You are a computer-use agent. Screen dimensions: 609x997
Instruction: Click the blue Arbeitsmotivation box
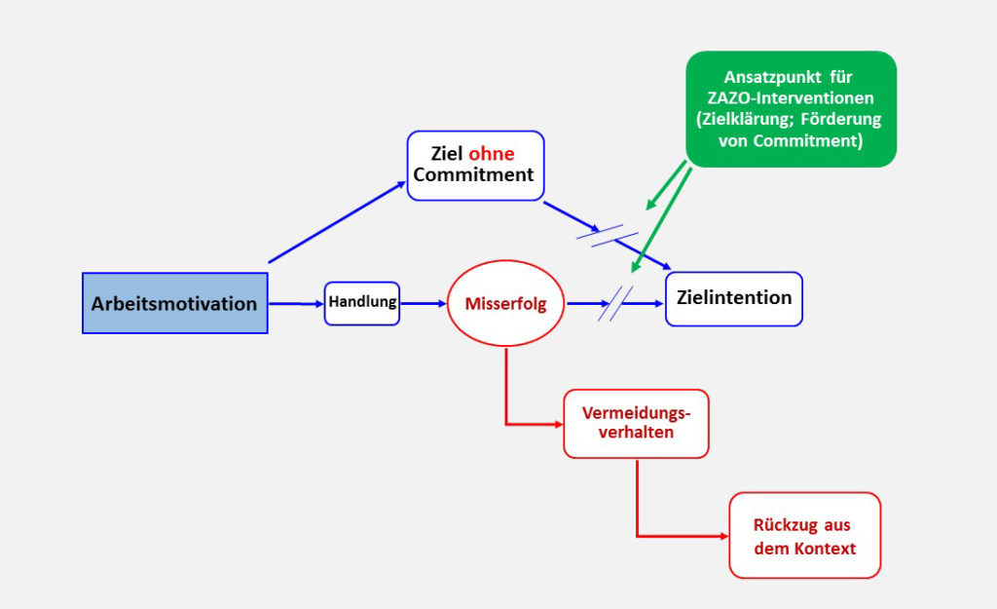pos(174,303)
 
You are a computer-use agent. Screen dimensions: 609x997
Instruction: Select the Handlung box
pos(362,302)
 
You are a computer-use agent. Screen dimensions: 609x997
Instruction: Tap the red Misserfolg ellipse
pos(505,303)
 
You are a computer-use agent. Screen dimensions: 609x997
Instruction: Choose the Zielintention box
pos(733,298)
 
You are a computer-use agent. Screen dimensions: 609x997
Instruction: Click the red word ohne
pos(492,154)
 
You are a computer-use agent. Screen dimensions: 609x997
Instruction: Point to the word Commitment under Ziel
pos(473,175)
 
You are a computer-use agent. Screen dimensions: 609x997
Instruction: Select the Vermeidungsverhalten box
pos(636,423)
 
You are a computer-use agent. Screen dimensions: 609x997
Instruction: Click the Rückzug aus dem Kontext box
pos(804,536)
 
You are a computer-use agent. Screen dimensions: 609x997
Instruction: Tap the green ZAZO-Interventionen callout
pos(791,108)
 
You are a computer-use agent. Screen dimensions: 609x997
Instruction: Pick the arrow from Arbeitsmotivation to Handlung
pos(295,304)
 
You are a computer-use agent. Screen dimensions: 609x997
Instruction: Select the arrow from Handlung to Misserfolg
pos(423,303)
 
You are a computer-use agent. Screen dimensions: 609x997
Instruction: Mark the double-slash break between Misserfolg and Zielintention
pos(615,304)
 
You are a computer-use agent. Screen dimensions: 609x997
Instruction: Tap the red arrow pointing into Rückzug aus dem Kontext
pos(682,535)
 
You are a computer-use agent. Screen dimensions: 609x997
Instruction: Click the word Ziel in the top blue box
pos(447,154)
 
